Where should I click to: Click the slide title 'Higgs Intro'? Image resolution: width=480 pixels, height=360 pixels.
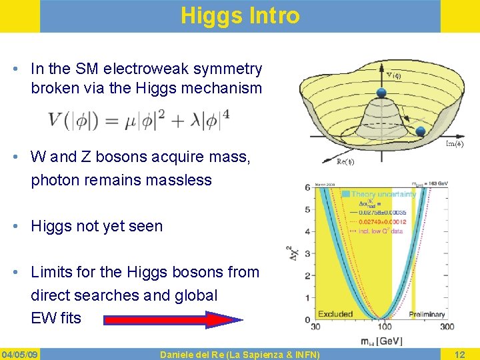point(240,15)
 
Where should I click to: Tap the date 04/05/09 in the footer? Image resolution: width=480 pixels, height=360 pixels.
point(20,353)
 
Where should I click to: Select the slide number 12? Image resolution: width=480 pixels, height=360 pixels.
point(459,353)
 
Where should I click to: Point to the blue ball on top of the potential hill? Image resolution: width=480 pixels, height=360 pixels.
point(382,93)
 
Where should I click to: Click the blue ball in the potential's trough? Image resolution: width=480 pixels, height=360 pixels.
point(421,132)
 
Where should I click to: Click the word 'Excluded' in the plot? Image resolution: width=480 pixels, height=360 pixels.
point(335,313)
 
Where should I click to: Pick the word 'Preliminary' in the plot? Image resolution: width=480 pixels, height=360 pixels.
point(427,313)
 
